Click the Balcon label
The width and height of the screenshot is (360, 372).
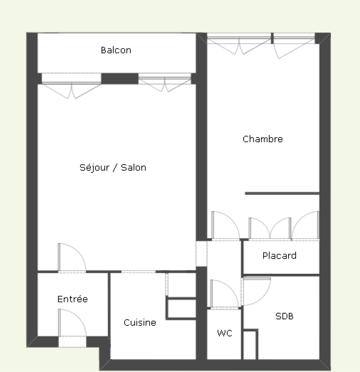[116, 50]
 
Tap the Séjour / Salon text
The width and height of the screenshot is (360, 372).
[113, 167]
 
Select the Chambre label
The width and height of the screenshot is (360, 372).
[263, 139]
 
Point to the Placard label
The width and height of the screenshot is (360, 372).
[279, 255]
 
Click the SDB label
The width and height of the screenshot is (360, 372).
[284, 316]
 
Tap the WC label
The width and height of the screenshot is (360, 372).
[224, 333]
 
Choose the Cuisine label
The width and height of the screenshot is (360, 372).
[140, 322]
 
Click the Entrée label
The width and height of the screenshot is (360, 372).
[72, 299]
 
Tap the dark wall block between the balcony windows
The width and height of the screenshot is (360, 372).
[119, 78]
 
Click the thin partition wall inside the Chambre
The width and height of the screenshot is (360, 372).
[282, 194]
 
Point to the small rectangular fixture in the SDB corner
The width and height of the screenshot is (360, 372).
[250, 344]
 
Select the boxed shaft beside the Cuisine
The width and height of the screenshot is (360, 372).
[181, 308]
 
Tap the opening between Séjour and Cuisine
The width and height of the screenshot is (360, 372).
[139, 272]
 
